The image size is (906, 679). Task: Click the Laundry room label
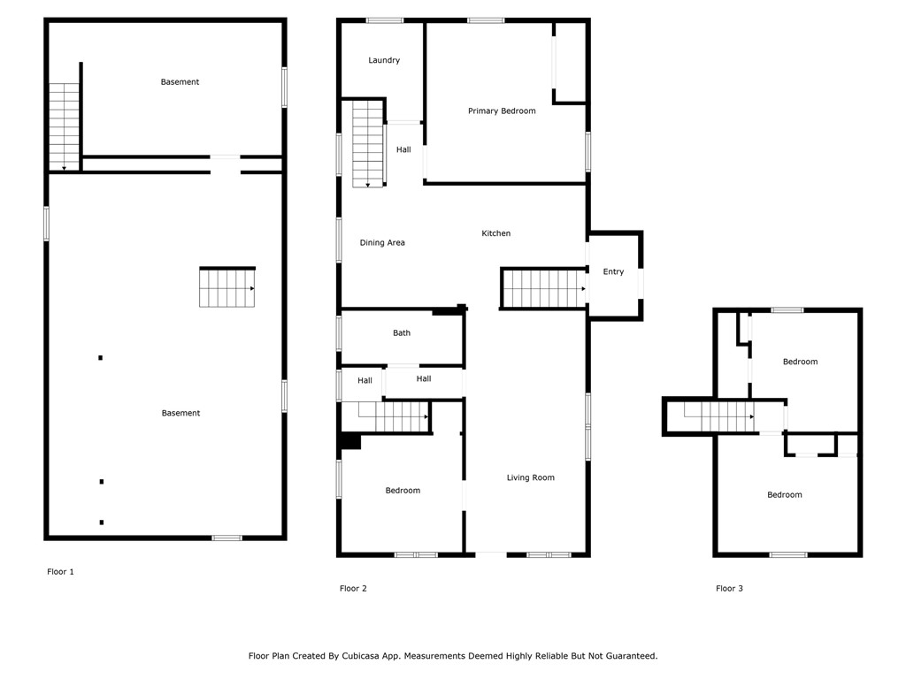[x=384, y=60]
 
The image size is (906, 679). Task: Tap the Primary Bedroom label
[x=502, y=111]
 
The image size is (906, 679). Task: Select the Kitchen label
[x=495, y=233]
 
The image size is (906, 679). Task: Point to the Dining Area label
[x=382, y=242]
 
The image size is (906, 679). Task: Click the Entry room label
[x=613, y=271]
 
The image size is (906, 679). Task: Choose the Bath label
[x=402, y=333]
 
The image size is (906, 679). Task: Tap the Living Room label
[x=530, y=477]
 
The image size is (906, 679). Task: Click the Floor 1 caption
[x=60, y=572]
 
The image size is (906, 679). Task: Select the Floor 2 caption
[x=353, y=588]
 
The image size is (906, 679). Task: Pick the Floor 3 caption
[x=729, y=588]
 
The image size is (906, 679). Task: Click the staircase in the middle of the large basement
[x=227, y=288]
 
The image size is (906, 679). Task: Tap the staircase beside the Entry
[x=544, y=288]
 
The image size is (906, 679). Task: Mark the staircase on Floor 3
[x=718, y=416]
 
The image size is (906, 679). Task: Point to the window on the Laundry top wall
[x=385, y=20]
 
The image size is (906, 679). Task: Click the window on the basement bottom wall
[x=226, y=538]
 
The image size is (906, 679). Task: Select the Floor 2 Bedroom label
[x=403, y=491]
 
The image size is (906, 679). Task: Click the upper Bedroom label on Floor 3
[x=800, y=362]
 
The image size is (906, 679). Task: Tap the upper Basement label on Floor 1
[x=180, y=82]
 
